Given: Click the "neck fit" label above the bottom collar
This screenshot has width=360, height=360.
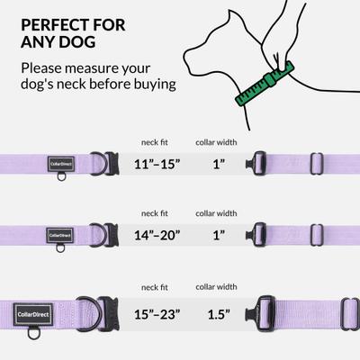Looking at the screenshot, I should pos(153,288).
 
